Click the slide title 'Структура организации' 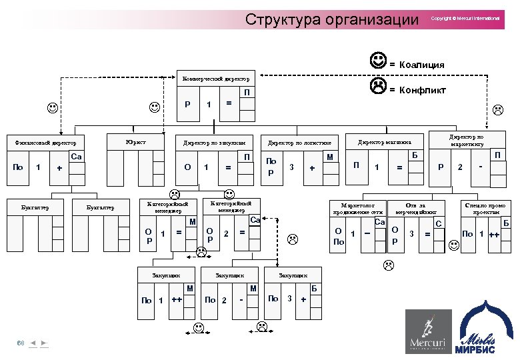(331, 19)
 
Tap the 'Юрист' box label (135, 141)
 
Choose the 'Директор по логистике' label (299, 143)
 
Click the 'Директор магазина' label (385, 142)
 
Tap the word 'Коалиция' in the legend (421, 65)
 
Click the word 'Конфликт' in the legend (423, 90)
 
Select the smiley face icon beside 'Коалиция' (378, 63)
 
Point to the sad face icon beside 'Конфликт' (378, 87)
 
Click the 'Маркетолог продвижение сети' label (359, 209)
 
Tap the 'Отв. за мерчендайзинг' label (415, 209)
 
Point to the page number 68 (21, 343)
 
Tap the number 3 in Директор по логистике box (291, 167)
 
